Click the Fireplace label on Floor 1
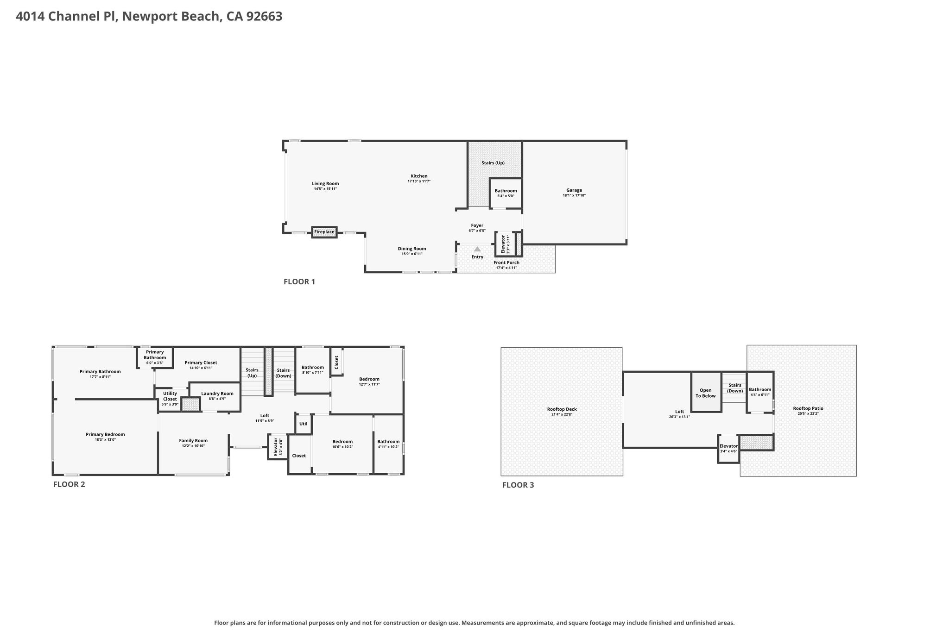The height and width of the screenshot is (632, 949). point(324,232)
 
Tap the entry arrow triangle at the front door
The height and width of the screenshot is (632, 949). point(477,249)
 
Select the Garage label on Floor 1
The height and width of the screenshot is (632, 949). point(574,190)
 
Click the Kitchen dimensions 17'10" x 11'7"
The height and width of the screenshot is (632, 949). point(419,181)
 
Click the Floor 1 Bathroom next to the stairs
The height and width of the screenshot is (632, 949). point(506,193)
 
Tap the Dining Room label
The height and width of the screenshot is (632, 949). point(412,249)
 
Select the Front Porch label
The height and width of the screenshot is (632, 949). point(506,263)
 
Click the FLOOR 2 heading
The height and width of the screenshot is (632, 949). point(69,484)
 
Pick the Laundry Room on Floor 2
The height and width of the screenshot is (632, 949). point(215,397)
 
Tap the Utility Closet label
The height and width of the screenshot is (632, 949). point(170,396)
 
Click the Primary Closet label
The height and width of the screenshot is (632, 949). point(201,363)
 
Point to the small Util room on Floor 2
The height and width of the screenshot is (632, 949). point(304,424)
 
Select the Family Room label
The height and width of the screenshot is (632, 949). point(193,441)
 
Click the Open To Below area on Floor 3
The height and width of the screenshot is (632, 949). point(706,392)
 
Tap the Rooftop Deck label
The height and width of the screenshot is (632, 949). point(562,409)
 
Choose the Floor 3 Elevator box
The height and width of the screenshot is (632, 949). point(728,449)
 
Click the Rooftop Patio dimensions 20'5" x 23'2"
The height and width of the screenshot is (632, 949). point(808,413)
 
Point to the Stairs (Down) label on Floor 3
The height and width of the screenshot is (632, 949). point(735,388)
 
